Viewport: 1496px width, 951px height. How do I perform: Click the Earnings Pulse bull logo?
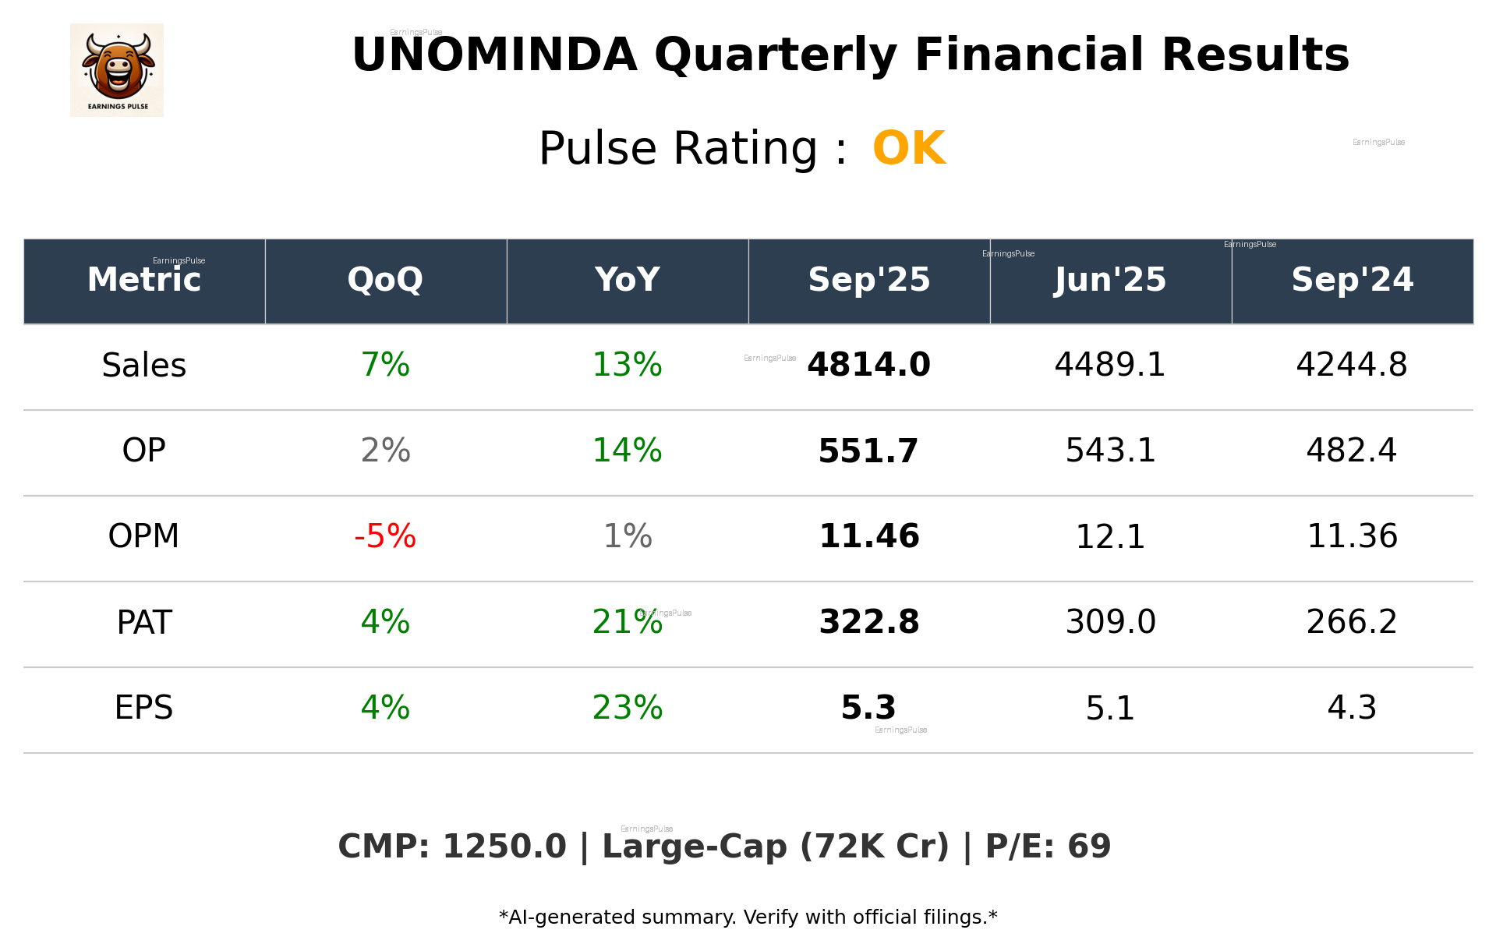point(117,70)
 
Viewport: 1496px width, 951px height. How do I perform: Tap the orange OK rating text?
point(908,148)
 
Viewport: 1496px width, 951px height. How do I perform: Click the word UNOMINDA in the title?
point(494,55)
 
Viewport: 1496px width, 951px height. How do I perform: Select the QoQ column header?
point(385,280)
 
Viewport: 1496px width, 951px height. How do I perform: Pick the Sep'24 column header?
point(1352,280)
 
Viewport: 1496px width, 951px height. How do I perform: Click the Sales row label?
point(144,366)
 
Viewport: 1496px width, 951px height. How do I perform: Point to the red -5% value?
point(385,536)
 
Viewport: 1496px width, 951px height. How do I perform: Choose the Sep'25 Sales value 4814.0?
point(868,365)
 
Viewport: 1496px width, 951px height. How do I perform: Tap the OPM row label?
point(144,536)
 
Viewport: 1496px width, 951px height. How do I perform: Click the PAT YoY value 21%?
point(627,622)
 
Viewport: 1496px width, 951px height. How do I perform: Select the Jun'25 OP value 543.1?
point(1110,451)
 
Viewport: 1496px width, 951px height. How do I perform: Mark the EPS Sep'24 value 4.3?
point(1352,708)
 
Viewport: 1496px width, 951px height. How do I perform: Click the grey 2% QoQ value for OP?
point(385,451)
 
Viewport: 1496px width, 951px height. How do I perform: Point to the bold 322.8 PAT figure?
point(868,622)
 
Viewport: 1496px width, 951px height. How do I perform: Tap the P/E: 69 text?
point(1048,847)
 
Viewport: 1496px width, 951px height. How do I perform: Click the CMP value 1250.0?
point(504,847)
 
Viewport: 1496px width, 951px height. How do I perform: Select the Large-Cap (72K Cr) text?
point(776,847)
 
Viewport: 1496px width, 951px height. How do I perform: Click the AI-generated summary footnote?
point(748,917)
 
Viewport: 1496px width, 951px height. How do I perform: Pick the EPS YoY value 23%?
point(627,708)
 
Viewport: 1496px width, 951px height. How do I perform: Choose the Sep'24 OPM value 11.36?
point(1352,536)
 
